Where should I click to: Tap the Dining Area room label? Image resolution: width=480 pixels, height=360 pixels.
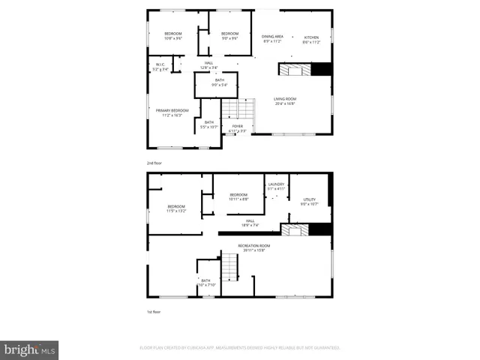tap(272, 38)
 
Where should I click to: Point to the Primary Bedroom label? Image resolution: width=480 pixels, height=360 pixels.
tap(172, 112)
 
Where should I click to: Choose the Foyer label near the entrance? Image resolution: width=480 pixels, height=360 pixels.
tap(237, 128)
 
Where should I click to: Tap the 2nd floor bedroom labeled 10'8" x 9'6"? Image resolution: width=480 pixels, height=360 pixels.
tap(173, 35)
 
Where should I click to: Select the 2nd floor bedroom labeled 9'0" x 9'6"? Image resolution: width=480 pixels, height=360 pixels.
tap(229, 35)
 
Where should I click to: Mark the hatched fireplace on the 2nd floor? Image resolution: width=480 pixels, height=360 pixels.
tap(295, 70)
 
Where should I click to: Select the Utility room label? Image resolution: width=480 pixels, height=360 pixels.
tap(309, 201)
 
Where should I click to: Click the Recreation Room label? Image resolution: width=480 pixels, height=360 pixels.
tap(253, 247)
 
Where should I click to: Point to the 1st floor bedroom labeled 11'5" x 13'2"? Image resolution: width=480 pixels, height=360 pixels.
tap(176, 208)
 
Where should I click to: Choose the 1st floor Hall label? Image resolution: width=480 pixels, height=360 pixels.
tap(250, 223)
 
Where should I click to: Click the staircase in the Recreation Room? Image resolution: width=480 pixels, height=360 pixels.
tap(229, 265)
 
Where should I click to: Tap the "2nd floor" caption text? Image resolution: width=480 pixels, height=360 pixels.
tap(154, 163)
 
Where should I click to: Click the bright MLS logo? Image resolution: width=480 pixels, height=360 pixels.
tap(29, 349)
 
